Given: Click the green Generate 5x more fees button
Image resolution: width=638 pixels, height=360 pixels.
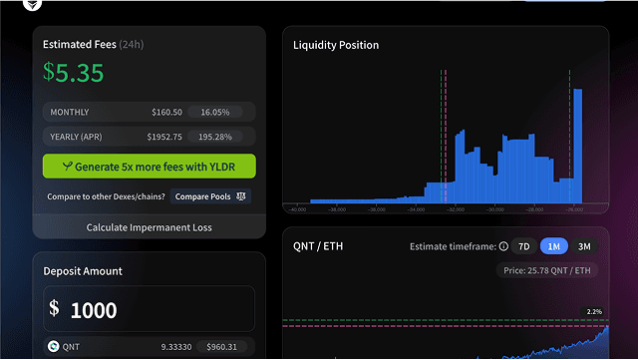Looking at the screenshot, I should click(x=150, y=167).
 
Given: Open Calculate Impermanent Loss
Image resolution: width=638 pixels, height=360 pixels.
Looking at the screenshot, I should click(x=150, y=227).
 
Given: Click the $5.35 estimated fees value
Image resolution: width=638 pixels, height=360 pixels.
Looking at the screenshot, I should click(x=74, y=73).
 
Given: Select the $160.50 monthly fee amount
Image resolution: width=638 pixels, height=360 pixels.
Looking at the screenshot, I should click(x=166, y=113).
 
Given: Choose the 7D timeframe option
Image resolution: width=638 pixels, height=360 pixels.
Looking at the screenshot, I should click(x=525, y=246).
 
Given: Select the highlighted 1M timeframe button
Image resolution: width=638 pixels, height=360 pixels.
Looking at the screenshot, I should click(x=553, y=246).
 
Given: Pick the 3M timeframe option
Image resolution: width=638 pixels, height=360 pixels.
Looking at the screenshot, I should click(x=584, y=246).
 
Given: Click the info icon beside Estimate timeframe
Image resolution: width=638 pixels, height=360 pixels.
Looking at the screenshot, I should click(x=503, y=246).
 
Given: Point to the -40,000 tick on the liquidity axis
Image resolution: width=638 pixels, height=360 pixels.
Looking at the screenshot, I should click(x=297, y=209).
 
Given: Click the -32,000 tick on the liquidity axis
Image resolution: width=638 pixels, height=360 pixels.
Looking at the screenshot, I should click(x=455, y=209).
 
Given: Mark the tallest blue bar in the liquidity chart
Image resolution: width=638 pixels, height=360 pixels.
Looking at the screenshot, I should click(x=577, y=145).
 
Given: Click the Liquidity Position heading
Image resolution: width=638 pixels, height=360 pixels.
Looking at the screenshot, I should click(x=336, y=45).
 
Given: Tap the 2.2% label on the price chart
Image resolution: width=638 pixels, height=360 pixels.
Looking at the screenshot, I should click(x=594, y=312).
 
